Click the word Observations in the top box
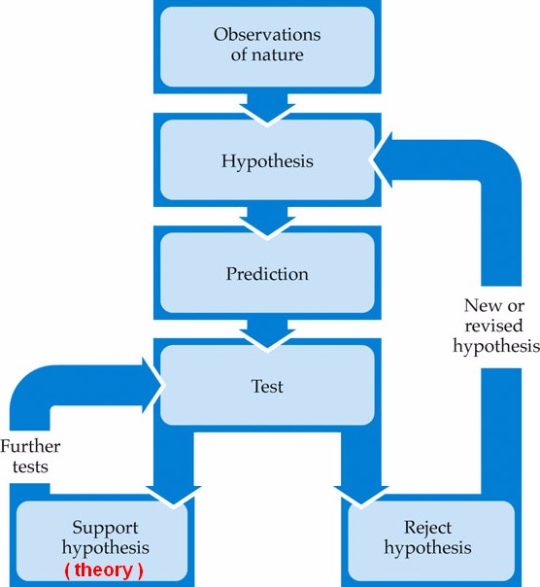(x=267, y=35)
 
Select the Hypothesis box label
(x=267, y=161)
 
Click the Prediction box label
(x=267, y=274)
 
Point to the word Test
(x=267, y=386)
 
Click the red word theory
(x=103, y=570)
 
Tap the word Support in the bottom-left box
(x=105, y=529)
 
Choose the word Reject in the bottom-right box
(x=427, y=529)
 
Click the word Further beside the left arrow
(x=30, y=446)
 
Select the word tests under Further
(x=30, y=466)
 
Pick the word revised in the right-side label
(x=493, y=326)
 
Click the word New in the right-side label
(x=478, y=305)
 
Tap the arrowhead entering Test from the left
(x=152, y=385)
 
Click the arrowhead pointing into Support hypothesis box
(x=174, y=495)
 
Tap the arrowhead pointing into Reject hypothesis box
(x=361, y=495)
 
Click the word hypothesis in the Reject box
(x=427, y=548)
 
